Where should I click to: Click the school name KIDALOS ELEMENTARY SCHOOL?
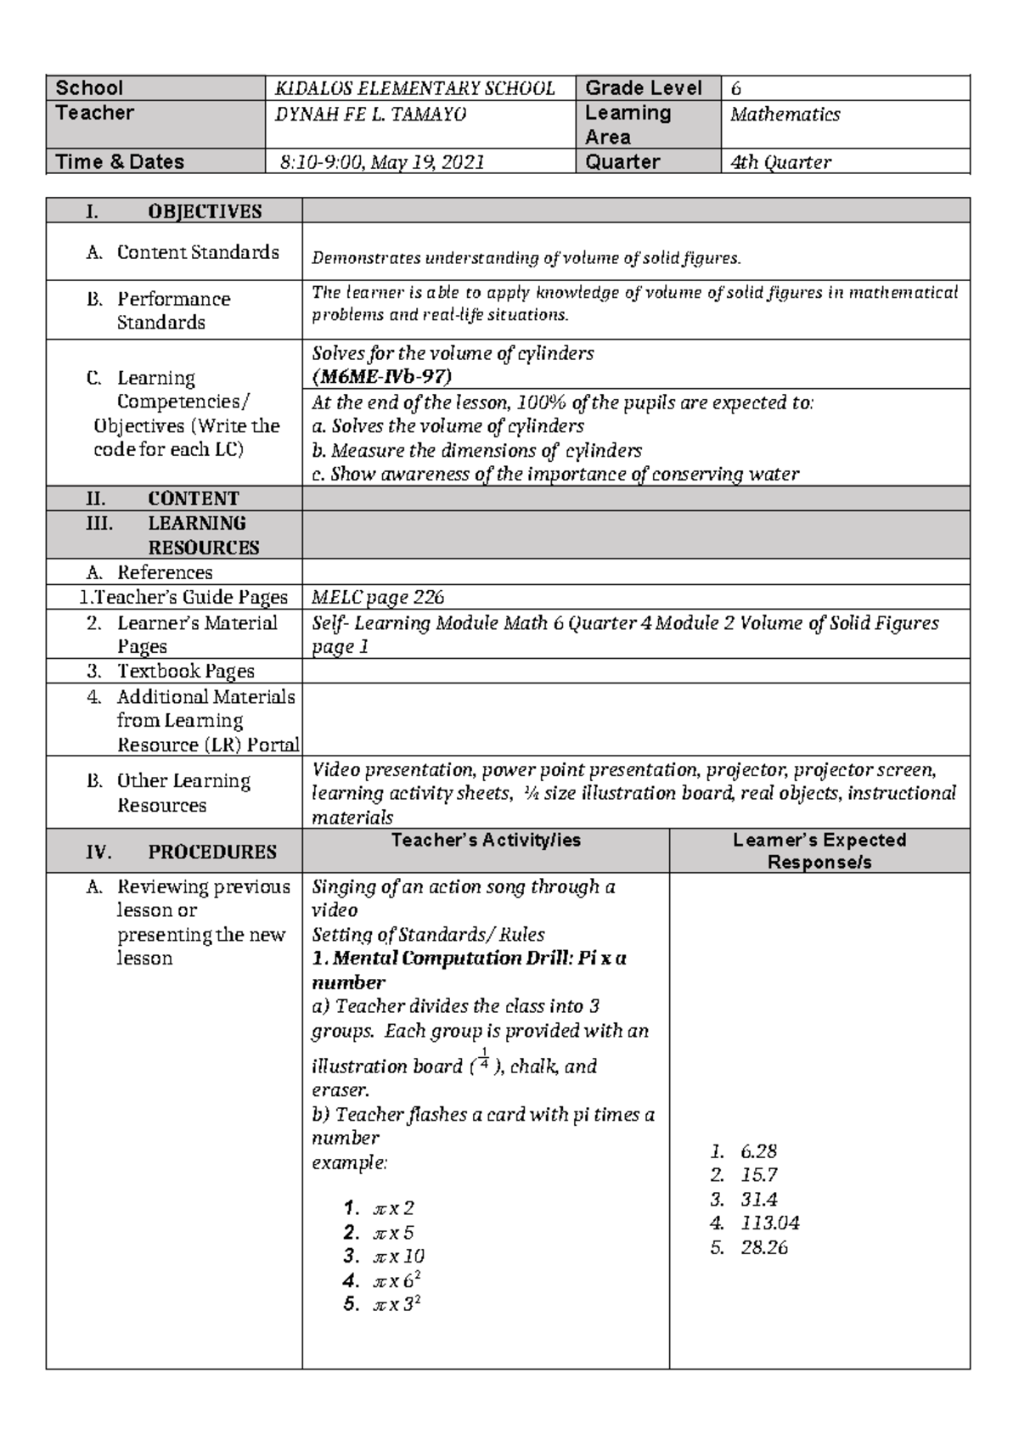(x=414, y=88)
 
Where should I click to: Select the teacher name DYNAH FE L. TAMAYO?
(x=370, y=114)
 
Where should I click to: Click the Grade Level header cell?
(x=643, y=88)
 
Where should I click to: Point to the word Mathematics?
(x=785, y=115)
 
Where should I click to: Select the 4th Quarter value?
(x=780, y=162)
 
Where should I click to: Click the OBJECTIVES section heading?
(x=204, y=211)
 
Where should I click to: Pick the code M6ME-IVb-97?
(x=381, y=376)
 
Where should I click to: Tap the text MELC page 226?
(x=378, y=598)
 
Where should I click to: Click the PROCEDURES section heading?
(x=211, y=852)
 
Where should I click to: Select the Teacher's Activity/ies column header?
(x=486, y=841)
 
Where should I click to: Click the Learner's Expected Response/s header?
(x=819, y=851)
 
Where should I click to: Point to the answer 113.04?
(x=769, y=1223)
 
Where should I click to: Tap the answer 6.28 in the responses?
(x=758, y=1152)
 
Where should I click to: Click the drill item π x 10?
(x=398, y=1257)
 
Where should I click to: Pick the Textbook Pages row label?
(x=185, y=672)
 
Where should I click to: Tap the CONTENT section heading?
(x=193, y=498)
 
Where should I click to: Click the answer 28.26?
(x=763, y=1248)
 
